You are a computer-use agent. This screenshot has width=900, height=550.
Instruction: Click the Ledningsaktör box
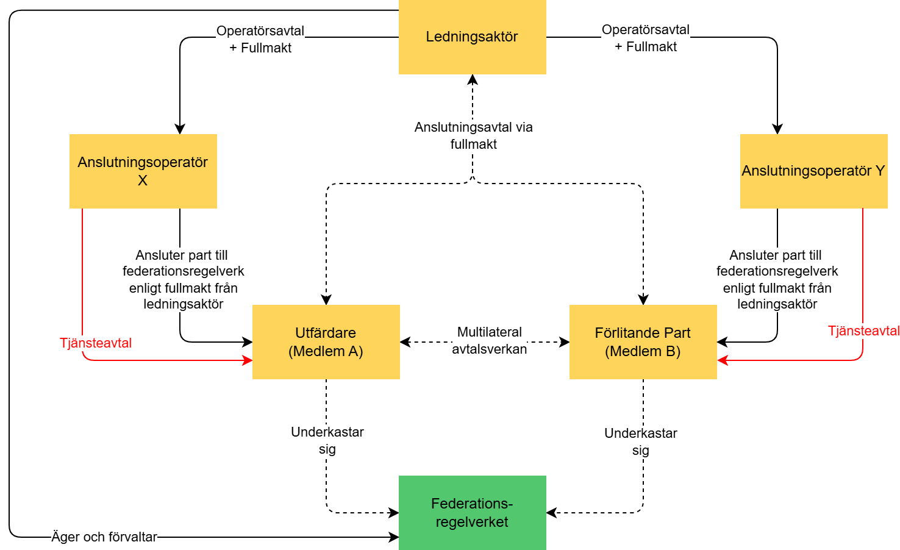(x=472, y=37)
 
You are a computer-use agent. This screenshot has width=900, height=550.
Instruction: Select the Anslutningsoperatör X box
(x=143, y=171)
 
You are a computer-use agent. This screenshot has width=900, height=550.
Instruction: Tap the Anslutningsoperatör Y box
(x=813, y=171)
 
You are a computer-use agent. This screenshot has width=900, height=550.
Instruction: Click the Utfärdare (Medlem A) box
(x=326, y=342)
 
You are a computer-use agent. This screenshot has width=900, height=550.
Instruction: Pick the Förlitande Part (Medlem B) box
(x=643, y=342)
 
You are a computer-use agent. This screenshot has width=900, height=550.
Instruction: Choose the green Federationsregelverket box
(x=472, y=513)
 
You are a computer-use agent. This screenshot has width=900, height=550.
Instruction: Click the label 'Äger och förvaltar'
(x=104, y=537)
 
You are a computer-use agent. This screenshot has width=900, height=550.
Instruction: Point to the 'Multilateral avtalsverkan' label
(x=490, y=340)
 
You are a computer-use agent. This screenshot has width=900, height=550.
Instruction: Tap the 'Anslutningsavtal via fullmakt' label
(x=474, y=135)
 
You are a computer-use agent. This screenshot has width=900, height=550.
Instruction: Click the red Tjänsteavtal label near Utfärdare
(x=96, y=343)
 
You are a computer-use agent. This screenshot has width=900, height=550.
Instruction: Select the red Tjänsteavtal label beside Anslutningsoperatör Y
(x=863, y=331)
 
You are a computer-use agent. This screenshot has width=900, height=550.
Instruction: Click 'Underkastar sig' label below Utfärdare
(x=327, y=440)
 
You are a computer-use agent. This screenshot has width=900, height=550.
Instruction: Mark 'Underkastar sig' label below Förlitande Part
(x=641, y=441)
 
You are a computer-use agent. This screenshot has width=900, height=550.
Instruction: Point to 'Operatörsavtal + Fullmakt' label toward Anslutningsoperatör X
(x=260, y=39)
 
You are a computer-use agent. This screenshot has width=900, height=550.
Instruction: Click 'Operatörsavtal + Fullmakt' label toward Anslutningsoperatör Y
(x=646, y=38)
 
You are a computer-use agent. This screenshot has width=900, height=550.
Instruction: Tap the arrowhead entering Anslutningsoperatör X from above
(x=180, y=129)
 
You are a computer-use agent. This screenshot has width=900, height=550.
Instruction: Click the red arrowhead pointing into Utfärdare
(x=248, y=360)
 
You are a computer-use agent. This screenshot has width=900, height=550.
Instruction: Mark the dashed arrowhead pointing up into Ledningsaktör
(x=473, y=79)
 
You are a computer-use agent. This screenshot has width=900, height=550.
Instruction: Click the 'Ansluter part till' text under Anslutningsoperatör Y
(x=775, y=255)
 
